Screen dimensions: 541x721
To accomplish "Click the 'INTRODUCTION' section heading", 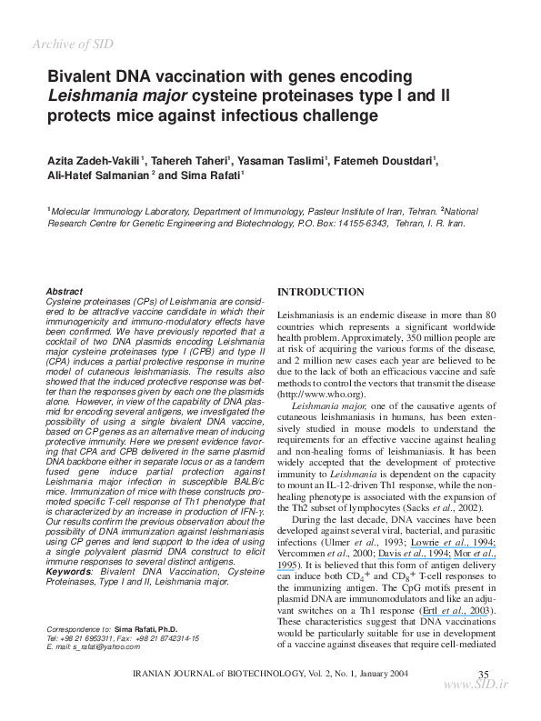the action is click(320, 292).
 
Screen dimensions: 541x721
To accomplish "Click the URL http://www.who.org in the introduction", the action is click(320, 395).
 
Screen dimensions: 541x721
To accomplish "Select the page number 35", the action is click(483, 672).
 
